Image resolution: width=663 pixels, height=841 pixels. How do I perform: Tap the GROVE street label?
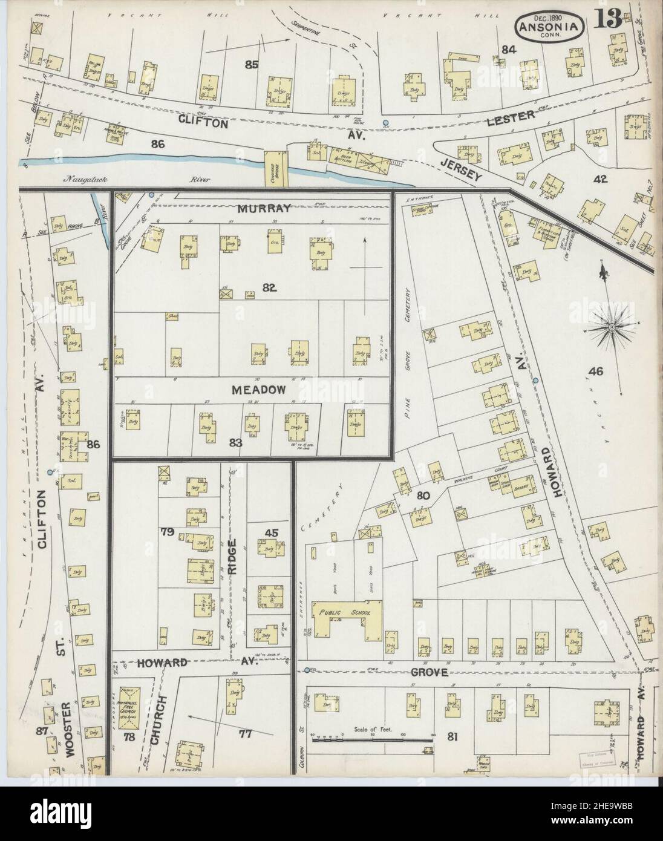(429, 672)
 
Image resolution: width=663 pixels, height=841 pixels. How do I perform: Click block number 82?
(270, 288)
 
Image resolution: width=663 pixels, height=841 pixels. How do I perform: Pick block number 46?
(595, 371)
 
